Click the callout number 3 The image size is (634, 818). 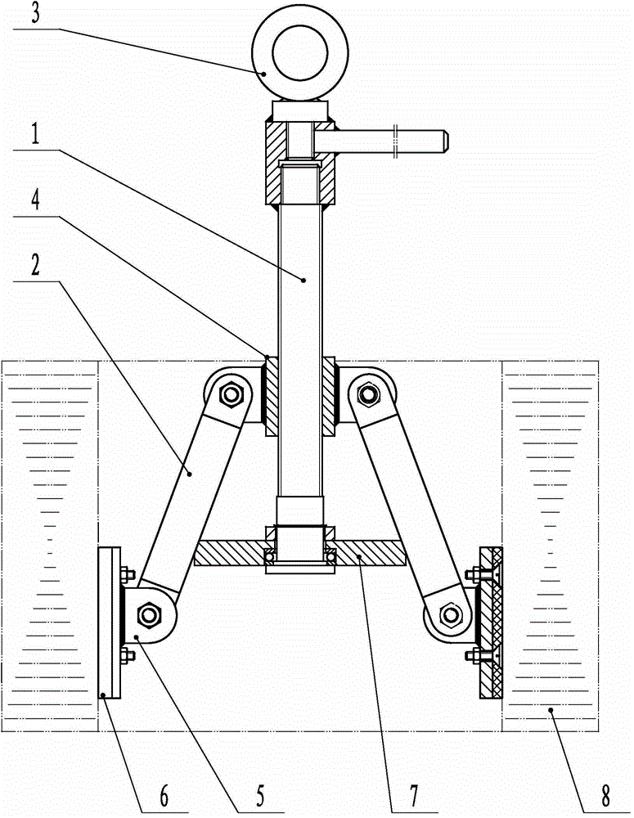[35, 14]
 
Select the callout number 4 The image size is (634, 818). [35, 200]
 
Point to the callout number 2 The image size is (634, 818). [35, 266]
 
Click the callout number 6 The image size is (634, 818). [164, 796]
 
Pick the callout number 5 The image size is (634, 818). [260, 796]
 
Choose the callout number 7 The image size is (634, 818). [413, 796]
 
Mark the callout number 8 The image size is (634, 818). [605, 796]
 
